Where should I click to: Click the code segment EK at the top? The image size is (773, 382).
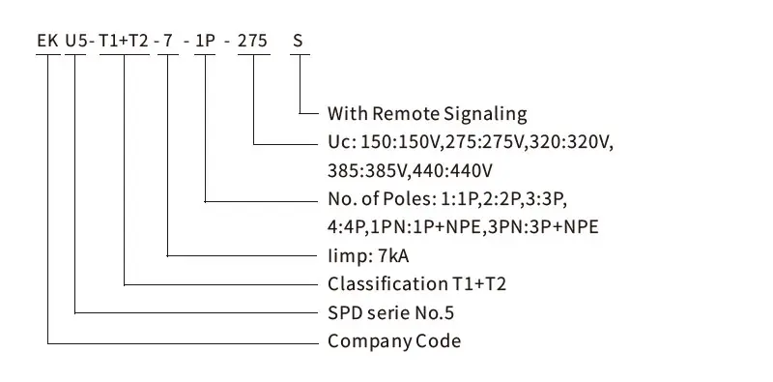tap(48, 41)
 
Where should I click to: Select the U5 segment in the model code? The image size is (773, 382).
tap(76, 41)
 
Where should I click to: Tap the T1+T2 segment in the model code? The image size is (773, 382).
tap(124, 41)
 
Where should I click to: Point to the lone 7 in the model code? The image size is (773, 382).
tap(167, 41)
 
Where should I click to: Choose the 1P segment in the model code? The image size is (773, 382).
tap(205, 41)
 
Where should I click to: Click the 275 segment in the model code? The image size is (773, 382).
tap(253, 41)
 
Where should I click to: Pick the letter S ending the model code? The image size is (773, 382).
tap(298, 41)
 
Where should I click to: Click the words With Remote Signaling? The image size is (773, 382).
tap(427, 114)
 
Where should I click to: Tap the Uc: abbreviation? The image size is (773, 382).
tap(342, 142)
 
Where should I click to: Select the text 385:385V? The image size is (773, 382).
tap(368, 171)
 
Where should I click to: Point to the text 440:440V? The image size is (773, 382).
tap(452, 171)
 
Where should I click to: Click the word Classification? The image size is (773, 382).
tap(387, 284)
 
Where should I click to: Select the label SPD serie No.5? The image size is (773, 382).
tap(391, 313)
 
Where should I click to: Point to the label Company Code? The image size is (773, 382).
tap(394, 341)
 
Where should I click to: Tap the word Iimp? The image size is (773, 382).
tap(345, 256)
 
